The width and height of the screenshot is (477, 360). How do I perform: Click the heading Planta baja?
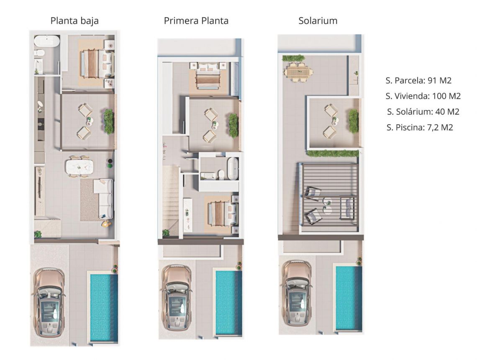(x=74, y=21)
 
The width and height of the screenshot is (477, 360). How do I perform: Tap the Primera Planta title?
(x=196, y=21)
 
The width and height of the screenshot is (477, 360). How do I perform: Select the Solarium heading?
(x=318, y=21)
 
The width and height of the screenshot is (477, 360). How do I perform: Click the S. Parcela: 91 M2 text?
(x=419, y=81)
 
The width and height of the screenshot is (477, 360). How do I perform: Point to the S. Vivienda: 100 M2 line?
(x=423, y=96)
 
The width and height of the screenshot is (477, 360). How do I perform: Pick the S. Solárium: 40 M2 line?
(x=423, y=112)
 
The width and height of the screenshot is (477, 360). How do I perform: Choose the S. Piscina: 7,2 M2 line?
(x=420, y=128)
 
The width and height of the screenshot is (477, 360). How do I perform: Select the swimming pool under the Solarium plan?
(x=349, y=297)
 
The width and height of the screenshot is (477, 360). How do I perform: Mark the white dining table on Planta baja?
(x=79, y=167)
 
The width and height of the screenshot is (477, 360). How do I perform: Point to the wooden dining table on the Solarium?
(x=298, y=72)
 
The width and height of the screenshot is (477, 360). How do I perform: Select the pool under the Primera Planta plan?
(x=228, y=302)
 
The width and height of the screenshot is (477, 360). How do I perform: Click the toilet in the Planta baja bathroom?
(x=39, y=53)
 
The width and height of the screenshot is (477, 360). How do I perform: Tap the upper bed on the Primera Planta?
(x=208, y=75)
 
